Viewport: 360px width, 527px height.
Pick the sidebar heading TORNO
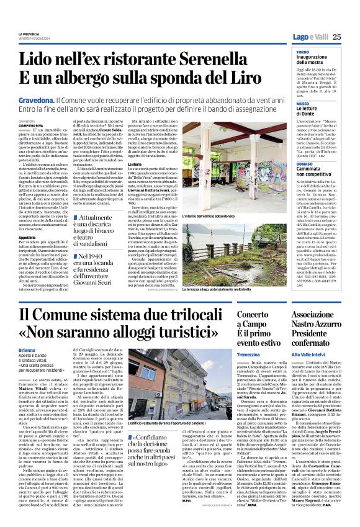pos(303,53)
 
